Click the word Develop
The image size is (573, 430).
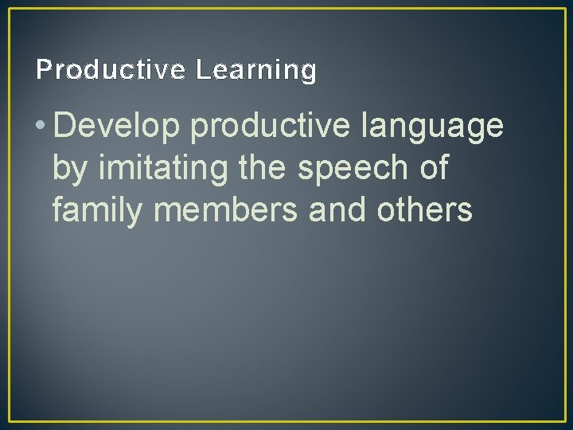pyautogui.click(x=118, y=126)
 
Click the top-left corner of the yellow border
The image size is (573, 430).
pyautogui.click(x=9, y=9)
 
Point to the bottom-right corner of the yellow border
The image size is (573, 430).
pyautogui.click(x=564, y=420)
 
